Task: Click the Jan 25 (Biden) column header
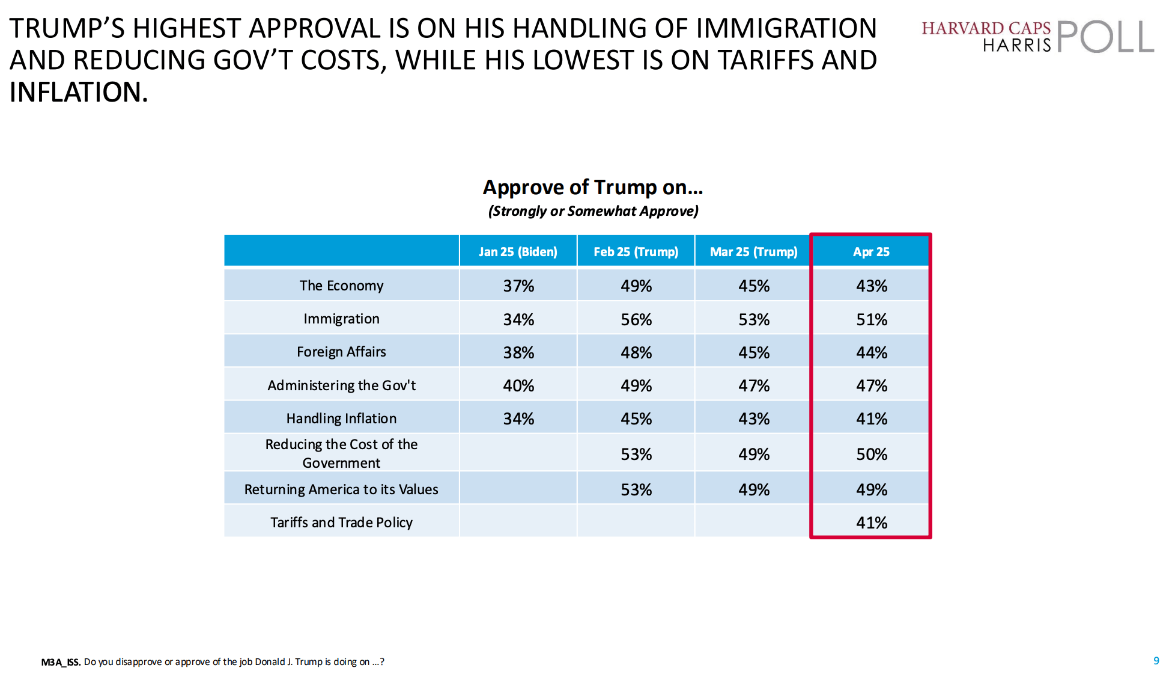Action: click(518, 251)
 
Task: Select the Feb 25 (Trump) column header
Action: click(636, 251)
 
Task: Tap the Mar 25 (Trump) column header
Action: click(753, 251)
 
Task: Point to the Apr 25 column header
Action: click(871, 251)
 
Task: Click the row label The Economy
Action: click(341, 286)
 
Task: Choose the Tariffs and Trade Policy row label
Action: click(341, 522)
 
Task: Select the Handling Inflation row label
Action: click(341, 418)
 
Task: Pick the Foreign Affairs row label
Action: click(341, 352)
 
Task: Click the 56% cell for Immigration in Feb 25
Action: click(636, 319)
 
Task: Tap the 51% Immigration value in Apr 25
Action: click(872, 319)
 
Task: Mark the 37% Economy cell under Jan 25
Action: click(518, 286)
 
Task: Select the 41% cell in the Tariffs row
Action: click(872, 522)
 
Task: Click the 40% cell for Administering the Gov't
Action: click(518, 385)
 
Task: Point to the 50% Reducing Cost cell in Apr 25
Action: click(872, 454)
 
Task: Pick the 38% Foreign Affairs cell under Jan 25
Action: click(518, 352)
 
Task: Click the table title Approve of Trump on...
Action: click(593, 188)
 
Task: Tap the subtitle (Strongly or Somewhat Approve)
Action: click(593, 211)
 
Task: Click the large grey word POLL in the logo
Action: click(1105, 37)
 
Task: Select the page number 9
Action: click(1156, 661)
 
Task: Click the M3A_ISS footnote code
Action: click(61, 662)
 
